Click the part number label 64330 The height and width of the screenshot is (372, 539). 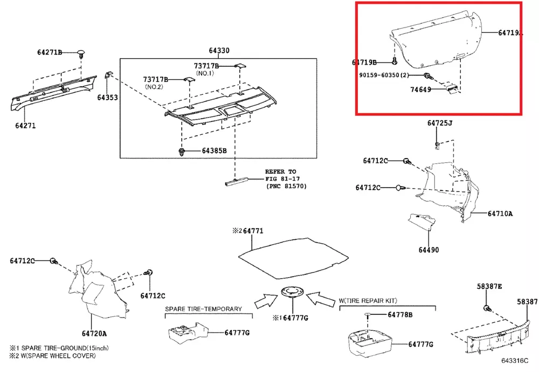pos(219,51)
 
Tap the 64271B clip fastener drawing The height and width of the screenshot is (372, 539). pos(81,54)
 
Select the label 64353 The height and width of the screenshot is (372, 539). pos(107,98)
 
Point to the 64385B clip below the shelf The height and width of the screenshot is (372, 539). pos(182,151)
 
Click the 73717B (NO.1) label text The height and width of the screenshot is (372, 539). pos(206,69)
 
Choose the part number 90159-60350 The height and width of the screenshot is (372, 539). pos(379,75)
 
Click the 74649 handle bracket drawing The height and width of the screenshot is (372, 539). pos(452,88)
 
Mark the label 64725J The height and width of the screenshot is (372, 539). pos(440,123)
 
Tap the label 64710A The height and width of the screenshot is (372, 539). pos(500,213)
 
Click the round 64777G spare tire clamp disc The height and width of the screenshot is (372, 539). pos(293,292)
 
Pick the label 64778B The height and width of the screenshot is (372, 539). pos(400,315)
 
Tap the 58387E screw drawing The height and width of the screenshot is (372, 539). pos(487,308)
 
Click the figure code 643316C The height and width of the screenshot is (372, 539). pos(515,360)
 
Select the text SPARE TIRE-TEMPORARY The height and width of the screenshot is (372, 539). pos(204,309)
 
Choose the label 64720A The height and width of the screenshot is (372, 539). pos(94,334)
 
